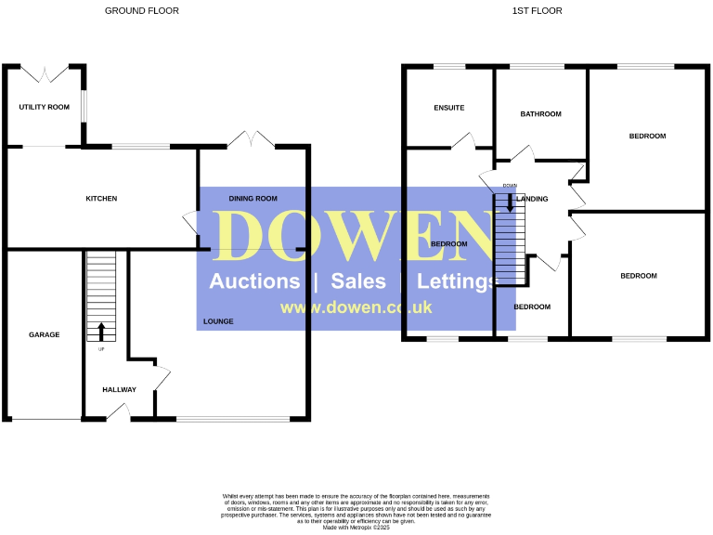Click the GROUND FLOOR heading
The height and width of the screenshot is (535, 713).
click(142, 11)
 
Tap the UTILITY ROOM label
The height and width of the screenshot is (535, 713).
click(45, 108)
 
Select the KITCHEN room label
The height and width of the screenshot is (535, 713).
click(101, 199)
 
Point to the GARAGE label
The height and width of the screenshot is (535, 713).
click(44, 334)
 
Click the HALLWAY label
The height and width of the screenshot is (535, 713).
click(120, 390)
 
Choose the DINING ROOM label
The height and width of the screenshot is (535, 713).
click(253, 199)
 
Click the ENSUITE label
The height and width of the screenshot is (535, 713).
click(448, 108)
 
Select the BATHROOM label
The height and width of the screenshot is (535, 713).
click(540, 114)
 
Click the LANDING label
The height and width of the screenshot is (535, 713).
click(533, 199)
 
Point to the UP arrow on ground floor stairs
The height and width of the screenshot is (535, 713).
click(101, 332)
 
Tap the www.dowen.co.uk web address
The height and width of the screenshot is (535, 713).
click(356, 307)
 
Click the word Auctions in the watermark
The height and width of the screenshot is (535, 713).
click(254, 281)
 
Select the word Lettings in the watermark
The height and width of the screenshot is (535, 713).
click(459, 281)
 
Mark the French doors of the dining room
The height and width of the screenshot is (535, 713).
click(253, 140)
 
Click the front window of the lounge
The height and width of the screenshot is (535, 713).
click(233, 419)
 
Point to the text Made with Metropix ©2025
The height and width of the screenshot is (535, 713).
click(356, 528)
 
